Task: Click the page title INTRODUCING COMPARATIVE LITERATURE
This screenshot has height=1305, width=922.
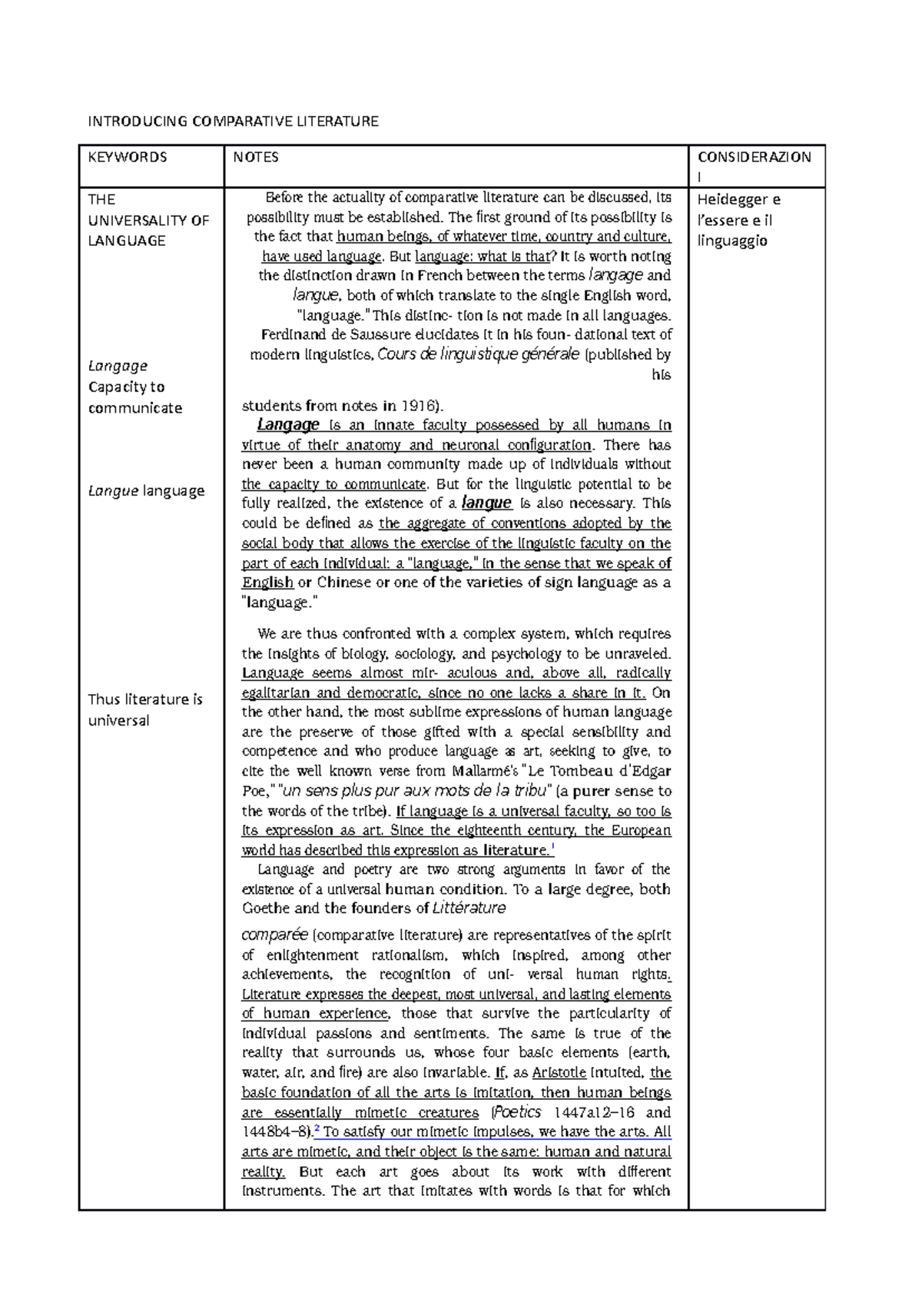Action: tap(233, 121)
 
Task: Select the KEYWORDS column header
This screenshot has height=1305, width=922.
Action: tap(127, 158)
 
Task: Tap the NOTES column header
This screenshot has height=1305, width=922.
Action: tap(256, 158)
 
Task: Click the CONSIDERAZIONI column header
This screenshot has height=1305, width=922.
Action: tap(754, 158)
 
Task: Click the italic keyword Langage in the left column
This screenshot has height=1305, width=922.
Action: tap(118, 366)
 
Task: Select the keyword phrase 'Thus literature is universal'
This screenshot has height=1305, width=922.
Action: tap(144, 709)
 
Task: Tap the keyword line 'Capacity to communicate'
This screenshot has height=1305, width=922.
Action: tap(134, 397)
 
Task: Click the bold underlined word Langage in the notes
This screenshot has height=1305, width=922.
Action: tap(288, 425)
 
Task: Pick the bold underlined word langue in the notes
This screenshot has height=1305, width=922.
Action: tap(486, 503)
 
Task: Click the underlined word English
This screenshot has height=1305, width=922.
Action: tap(267, 583)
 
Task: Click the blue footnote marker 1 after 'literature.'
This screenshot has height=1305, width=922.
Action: tap(553, 848)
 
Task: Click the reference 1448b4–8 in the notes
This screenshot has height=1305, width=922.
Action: tap(276, 1132)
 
